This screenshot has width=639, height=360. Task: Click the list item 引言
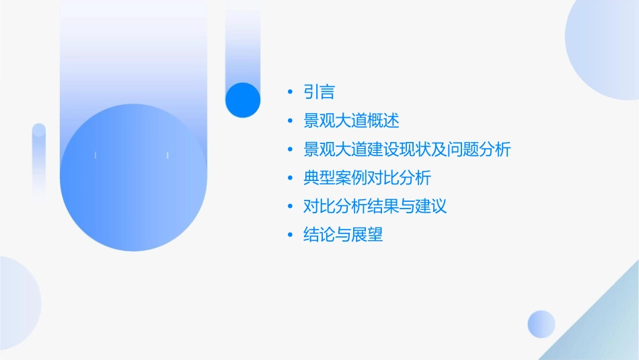319,92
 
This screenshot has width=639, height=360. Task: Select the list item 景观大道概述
352,121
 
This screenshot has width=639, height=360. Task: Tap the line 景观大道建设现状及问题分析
408,149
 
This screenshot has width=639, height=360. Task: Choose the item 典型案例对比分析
367,178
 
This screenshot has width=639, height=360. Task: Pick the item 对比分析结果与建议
375,207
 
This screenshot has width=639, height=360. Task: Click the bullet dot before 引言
290,92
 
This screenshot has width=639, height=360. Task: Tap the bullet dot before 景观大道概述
290,121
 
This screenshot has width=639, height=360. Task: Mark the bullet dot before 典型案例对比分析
290,178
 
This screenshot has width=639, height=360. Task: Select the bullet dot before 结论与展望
290,236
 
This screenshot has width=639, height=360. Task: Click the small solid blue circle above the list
243,100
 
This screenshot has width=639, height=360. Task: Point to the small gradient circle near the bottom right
541,324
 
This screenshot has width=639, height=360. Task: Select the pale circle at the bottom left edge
17,303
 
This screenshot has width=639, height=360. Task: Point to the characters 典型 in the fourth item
319,178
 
